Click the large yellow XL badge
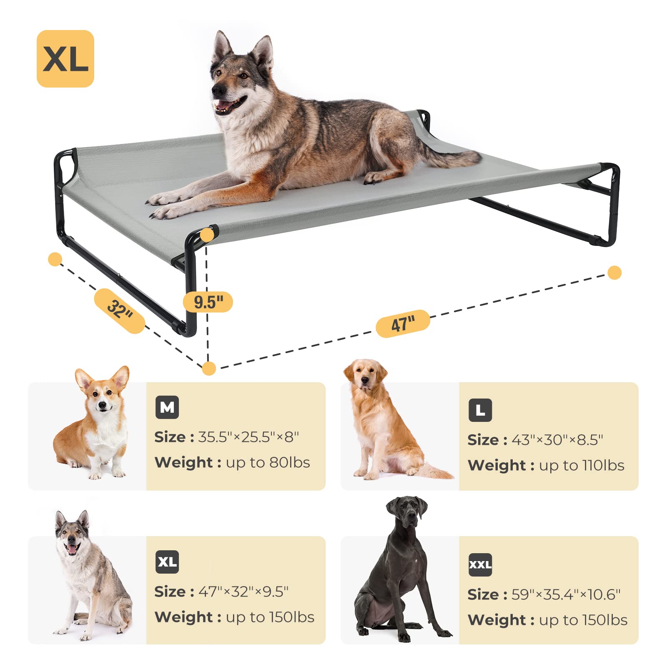pyautogui.click(x=65, y=59)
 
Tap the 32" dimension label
pyautogui.click(x=120, y=310)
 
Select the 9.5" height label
pyautogui.click(x=208, y=302)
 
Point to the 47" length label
pyautogui.click(x=403, y=323)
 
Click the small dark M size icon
pyautogui.click(x=167, y=407)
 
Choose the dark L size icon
pyautogui.click(x=480, y=410)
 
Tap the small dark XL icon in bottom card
pyautogui.click(x=167, y=562)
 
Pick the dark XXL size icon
pyautogui.click(x=480, y=565)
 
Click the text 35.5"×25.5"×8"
pyautogui.click(x=248, y=437)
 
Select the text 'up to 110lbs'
pyautogui.click(x=582, y=465)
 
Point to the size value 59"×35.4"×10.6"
pyautogui.click(x=566, y=594)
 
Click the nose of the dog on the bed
pyautogui.click(x=217, y=90)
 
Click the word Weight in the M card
pyautogui.click(x=183, y=463)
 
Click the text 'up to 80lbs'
pyautogui.click(x=268, y=463)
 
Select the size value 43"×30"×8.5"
pyautogui.click(x=557, y=440)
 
